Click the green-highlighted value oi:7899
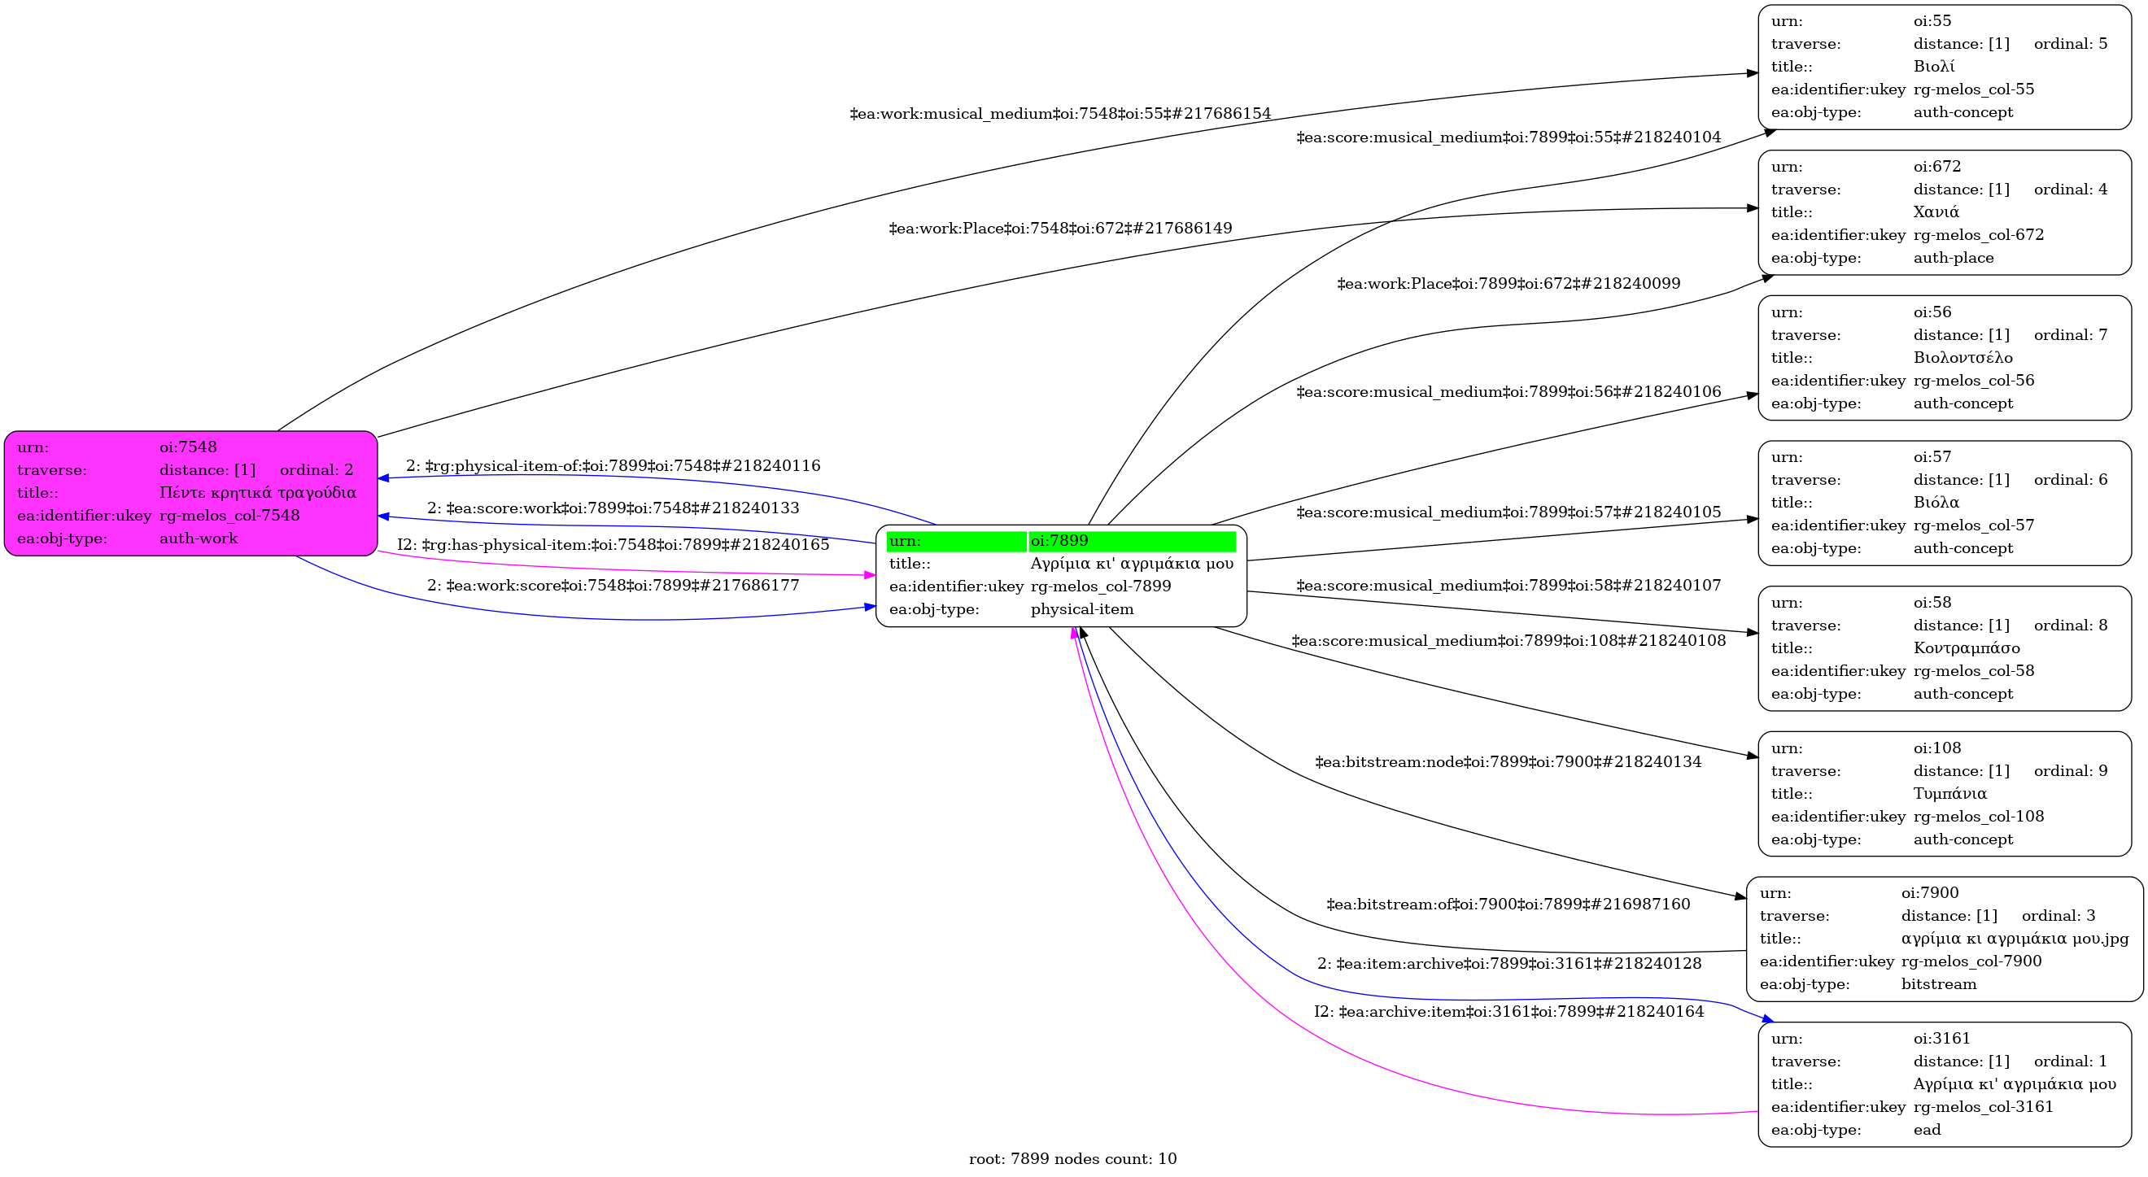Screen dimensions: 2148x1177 [1059, 541]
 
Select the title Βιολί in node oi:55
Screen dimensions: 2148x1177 [1934, 67]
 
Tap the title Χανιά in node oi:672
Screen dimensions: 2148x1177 [1936, 212]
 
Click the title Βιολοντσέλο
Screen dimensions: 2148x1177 [1962, 358]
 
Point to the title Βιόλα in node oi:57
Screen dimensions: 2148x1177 [1936, 503]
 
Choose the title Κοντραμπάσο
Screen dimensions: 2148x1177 [1967, 648]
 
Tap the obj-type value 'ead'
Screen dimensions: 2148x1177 [1927, 1131]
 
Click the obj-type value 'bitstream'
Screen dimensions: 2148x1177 [1939, 984]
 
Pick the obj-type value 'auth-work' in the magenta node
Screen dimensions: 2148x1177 [199, 538]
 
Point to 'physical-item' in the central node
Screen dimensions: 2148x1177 [1082, 609]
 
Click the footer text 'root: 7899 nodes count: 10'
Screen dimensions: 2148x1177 [1072, 1158]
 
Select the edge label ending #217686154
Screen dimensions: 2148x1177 [1060, 113]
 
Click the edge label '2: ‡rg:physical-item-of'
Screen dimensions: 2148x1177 [613, 466]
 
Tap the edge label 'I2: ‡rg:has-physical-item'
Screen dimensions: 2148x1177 [613, 545]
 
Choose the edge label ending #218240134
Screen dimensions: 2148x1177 [1508, 762]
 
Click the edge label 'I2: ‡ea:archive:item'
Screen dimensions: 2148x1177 [1508, 1012]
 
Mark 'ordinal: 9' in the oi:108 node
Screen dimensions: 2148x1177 [2071, 771]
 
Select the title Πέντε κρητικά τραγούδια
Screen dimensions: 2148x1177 [258, 493]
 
